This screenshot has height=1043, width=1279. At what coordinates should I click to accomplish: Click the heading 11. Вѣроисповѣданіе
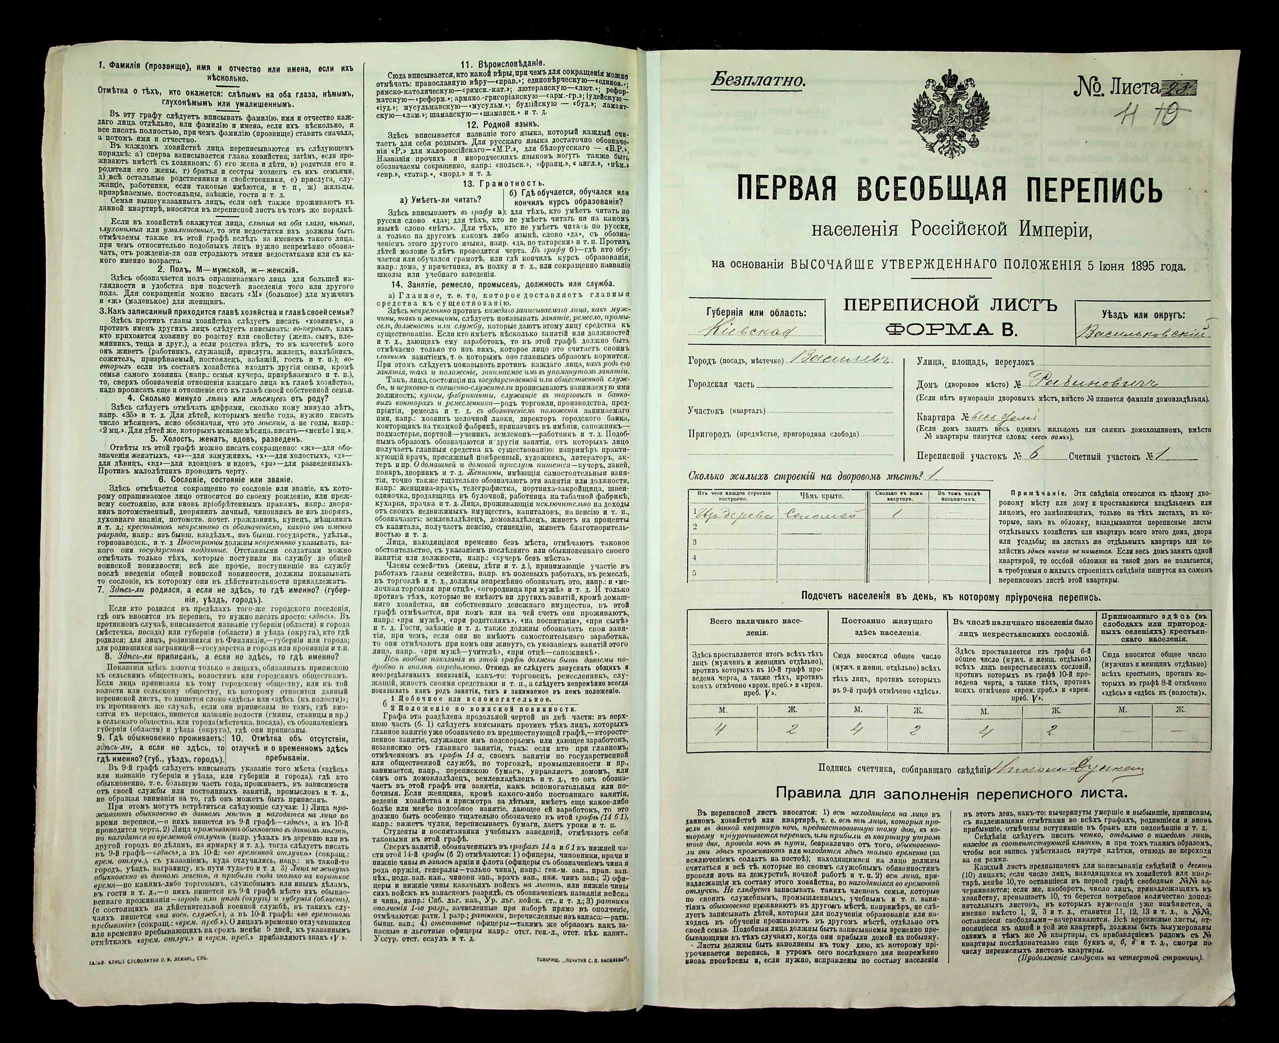click(x=503, y=64)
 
